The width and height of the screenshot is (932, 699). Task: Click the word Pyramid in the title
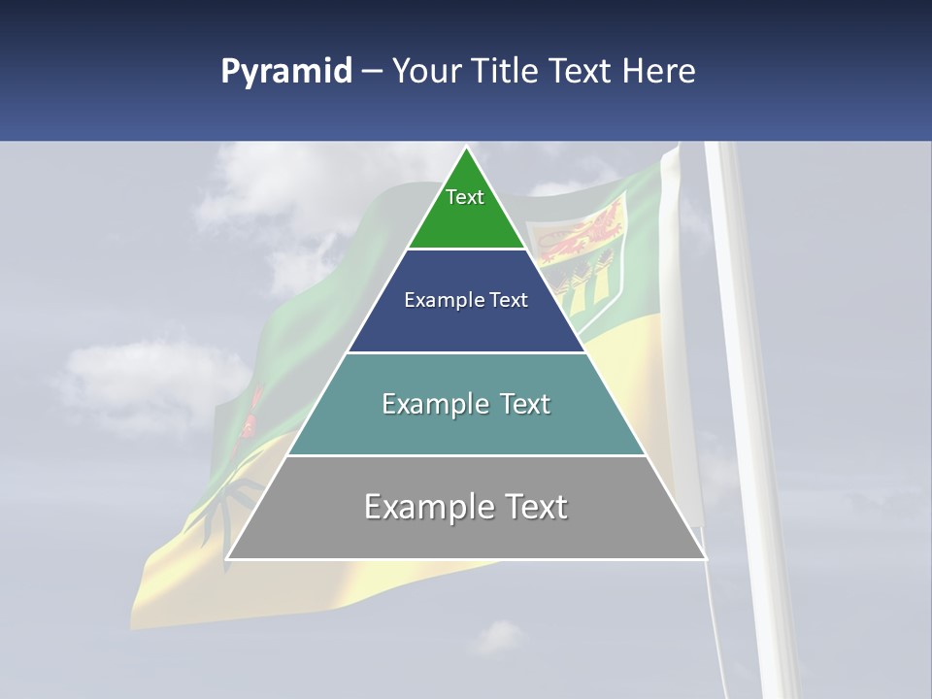(x=285, y=72)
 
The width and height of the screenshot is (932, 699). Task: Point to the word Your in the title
(x=427, y=72)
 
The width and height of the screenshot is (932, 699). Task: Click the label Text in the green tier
(x=465, y=197)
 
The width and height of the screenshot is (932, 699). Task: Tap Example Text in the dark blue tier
(x=466, y=300)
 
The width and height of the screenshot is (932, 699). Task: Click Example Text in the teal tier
(x=466, y=404)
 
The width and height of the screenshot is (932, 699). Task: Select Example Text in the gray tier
(x=466, y=507)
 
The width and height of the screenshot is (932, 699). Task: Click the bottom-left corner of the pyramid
(x=227, y=558)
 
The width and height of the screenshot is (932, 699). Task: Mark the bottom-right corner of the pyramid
(x=705, y=558)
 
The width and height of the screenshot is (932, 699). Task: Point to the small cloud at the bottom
(x=497, y=637)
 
